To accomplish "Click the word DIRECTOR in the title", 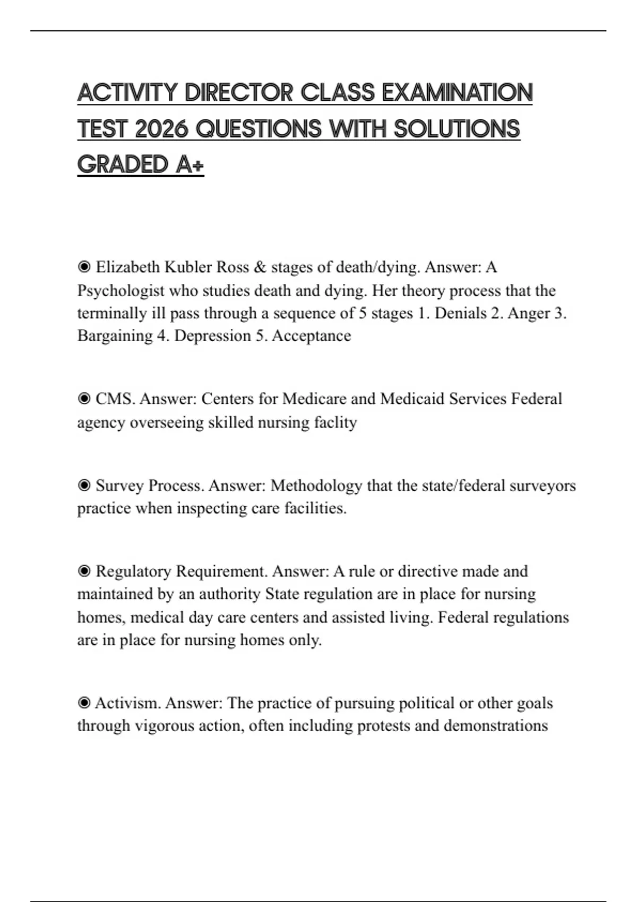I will (239, 93).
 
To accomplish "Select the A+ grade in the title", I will (190, 164).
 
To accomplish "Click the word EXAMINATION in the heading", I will (457, 93).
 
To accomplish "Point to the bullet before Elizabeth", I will (84, 266).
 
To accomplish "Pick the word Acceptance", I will (311, 336).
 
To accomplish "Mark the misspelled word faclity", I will (335, 422).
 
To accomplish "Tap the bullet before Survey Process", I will (84, 485).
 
